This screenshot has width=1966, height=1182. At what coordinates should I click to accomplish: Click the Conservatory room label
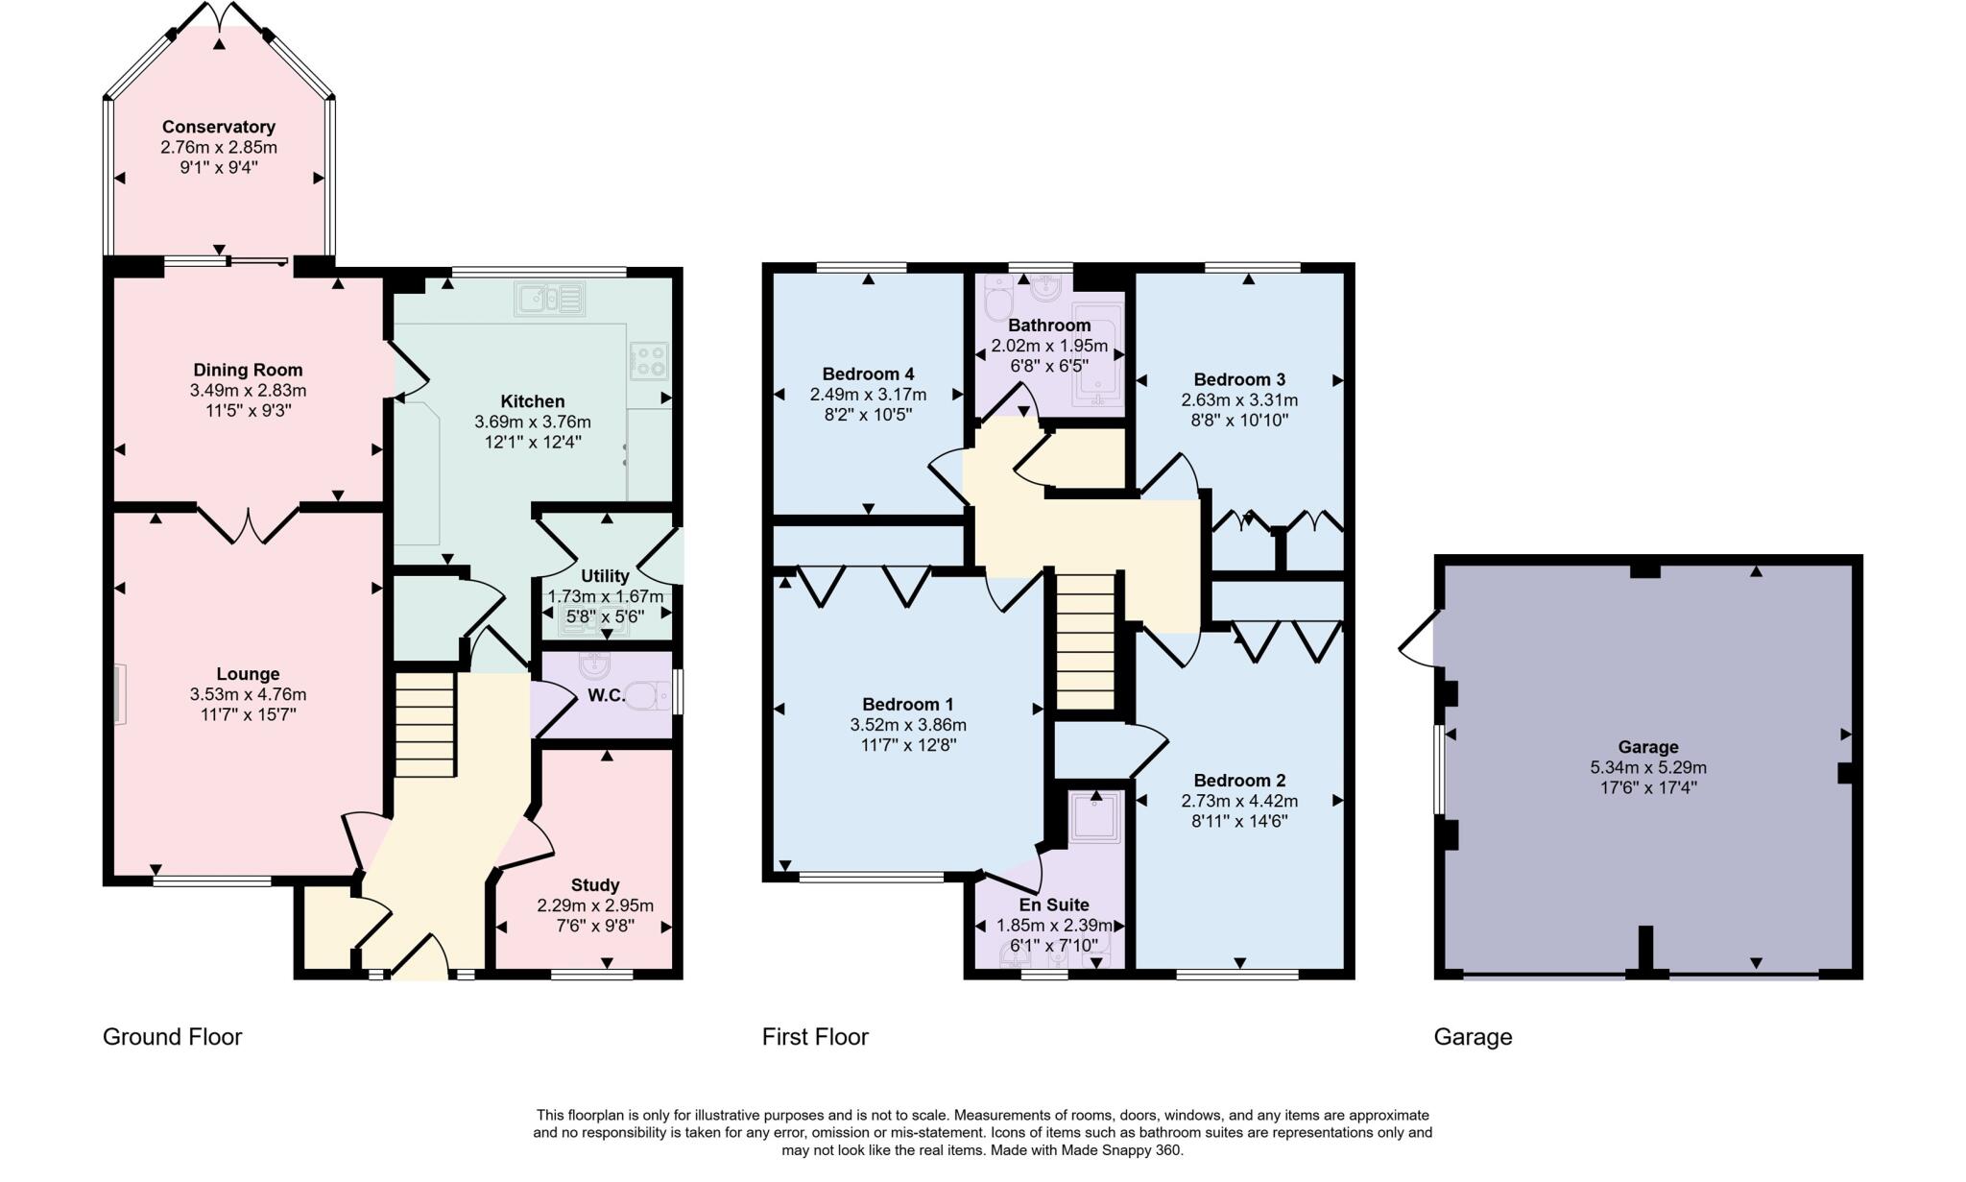tap(218, 127)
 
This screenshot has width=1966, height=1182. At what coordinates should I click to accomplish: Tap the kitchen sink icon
tap(549, 299)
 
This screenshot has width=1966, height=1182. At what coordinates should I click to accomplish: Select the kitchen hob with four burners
tap(648, 361)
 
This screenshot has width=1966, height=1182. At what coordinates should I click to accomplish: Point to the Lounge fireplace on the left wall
tap(119, 694)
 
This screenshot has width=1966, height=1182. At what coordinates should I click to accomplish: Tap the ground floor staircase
tap(425, 725)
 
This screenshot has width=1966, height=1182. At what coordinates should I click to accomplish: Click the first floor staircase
tap(1086, 640)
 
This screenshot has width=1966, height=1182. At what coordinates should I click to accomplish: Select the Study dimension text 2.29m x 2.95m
tap(595, 905)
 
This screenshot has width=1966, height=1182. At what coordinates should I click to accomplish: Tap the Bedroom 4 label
tap(868, 374)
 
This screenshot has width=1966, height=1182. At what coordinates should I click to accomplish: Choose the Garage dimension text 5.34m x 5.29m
tap(1647, 767)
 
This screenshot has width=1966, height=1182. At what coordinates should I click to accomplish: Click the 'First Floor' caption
tap(815, 1037)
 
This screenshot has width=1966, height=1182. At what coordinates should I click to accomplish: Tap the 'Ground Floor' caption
tap(172, 1037)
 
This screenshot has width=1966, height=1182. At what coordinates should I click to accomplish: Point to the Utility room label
tap(605, 576)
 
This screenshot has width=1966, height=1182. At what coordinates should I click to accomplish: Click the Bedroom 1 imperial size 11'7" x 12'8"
tap(907, 744)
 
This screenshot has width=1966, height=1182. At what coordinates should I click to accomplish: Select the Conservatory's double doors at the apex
tap(220, 16)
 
